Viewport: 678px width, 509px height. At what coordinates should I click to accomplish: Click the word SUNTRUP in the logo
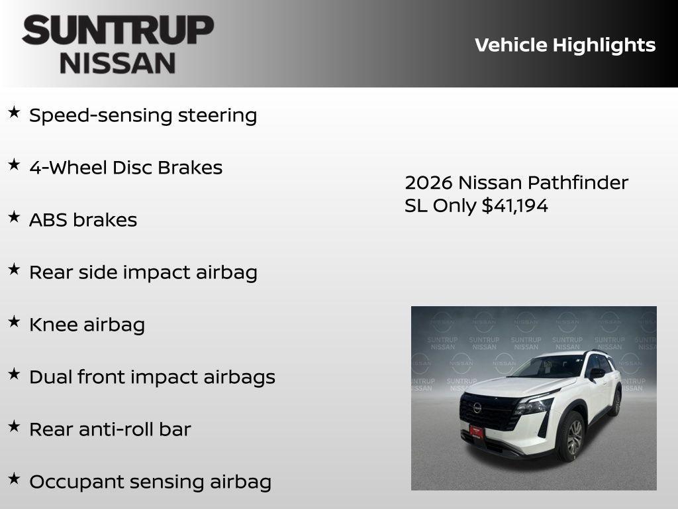point(118,30)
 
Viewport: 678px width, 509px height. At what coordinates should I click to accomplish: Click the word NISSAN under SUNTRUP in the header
point(118,63)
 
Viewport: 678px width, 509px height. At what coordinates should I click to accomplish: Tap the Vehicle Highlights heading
point(565,45)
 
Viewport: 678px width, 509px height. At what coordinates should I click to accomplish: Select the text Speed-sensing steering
point(143,115)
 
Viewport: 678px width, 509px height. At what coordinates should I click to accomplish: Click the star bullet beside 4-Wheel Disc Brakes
point(14,165)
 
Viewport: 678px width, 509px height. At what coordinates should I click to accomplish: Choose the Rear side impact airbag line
point(143,272)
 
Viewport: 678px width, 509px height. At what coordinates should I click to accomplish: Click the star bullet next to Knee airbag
point(14,322)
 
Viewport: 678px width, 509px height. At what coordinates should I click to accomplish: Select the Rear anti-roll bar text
point(110,429)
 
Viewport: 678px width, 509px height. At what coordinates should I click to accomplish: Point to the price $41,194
point(514,205)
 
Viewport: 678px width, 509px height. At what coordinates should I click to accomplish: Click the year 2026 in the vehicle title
point(428,182)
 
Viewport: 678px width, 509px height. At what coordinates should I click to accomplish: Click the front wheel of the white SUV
point(573,437)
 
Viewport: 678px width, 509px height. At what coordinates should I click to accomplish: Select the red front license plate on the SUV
point(476,431)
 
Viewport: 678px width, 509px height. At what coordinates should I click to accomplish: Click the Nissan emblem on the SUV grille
point(477,408)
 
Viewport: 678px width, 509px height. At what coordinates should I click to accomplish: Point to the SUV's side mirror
point(597,373)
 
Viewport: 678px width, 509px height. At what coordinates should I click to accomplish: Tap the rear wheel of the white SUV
point(616,403)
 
